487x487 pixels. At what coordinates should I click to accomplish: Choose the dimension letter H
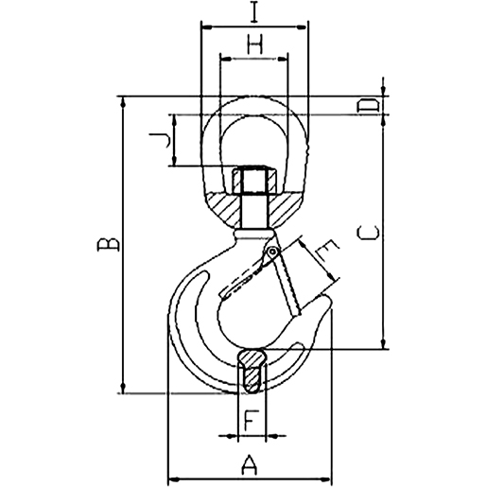pos(253,42)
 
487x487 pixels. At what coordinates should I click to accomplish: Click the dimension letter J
pos(162,141)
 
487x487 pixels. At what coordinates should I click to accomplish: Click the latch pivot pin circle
pos(271,252)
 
